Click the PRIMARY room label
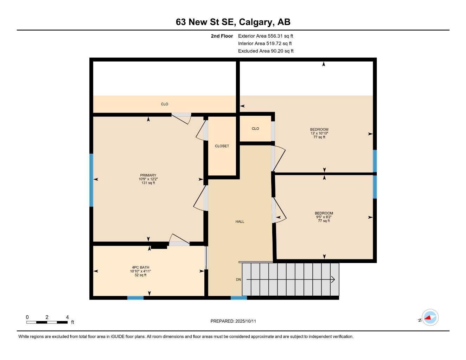148,175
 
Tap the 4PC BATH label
140,267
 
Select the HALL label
240,221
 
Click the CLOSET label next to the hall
222,146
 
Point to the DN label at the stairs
238,279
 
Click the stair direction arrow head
332,280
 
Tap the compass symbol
430,318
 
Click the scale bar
47,322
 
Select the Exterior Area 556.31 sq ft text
266,36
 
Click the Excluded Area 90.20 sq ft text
266,51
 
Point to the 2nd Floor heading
222,36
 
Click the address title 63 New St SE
233,22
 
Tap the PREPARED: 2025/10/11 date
233,321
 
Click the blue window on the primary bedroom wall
91,180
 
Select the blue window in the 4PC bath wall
135,298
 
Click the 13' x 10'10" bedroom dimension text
319,133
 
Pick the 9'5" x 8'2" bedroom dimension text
324,217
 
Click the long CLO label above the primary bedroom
165,104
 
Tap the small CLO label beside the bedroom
255,129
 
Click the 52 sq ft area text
140,275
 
